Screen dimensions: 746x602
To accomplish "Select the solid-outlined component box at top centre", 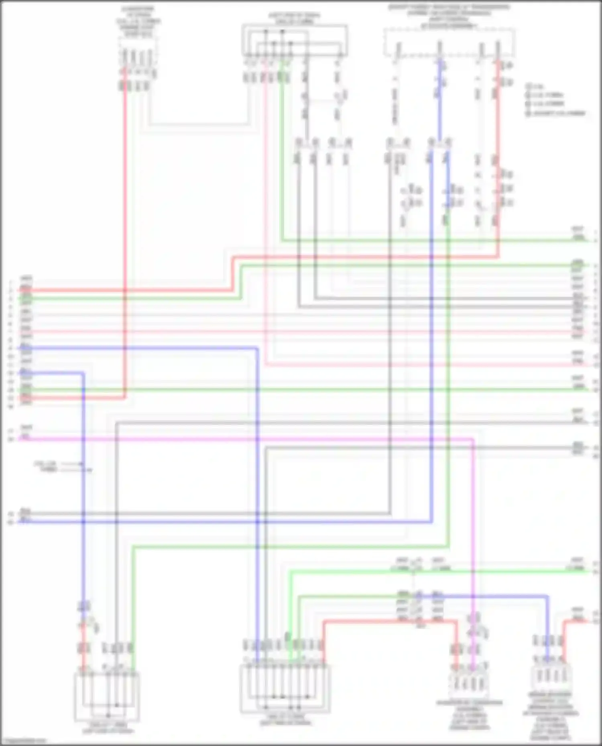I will point(294,40).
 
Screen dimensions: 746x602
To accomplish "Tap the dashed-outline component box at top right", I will point(449,42).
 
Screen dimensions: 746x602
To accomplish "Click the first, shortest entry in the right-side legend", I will point(535,86).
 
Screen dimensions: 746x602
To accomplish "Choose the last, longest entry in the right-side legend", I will point(555,113).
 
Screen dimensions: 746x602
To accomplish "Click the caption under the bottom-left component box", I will point(108,728).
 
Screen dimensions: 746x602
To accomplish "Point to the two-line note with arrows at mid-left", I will point(46,467).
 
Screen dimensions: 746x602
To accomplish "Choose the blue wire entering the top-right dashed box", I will point(439,100).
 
